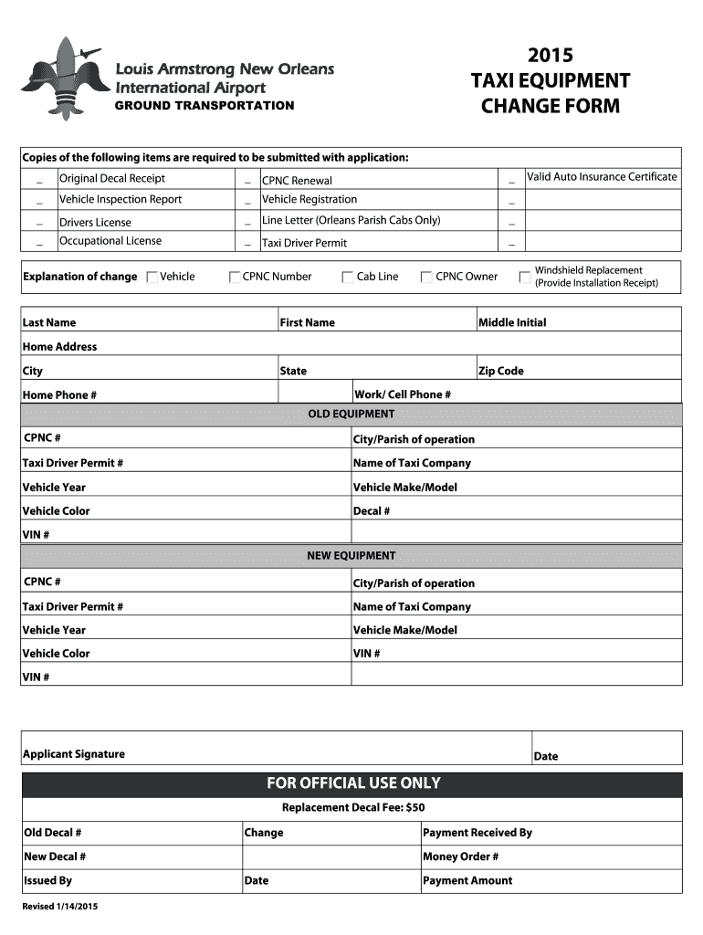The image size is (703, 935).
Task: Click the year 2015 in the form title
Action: (550, 56)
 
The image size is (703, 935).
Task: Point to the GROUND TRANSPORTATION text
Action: (204, 106)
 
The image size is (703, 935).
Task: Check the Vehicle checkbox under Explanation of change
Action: (152, 278)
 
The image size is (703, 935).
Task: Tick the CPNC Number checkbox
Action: (235, 278)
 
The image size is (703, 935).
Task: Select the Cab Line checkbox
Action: (348, 278)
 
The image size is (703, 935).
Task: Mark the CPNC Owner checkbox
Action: (426, 278)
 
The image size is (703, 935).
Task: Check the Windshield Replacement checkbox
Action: (524, 277)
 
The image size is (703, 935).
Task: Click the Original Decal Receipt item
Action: (112, 178)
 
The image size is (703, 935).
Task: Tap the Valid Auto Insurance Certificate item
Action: (602, 176)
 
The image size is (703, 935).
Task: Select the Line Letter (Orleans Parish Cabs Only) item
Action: (351, 220)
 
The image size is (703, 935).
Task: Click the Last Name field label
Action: (49, 322)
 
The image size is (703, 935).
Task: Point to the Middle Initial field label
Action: (512, 322)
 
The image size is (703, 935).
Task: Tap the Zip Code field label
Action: (501, 371)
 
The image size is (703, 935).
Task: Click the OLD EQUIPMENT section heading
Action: (351, 415)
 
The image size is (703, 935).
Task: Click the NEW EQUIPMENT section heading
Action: (351, 556)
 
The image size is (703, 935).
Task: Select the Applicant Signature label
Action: (74, 754)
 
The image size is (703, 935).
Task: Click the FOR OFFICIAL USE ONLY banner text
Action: (352, 783)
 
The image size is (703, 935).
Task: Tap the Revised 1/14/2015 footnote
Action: (60, 907)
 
